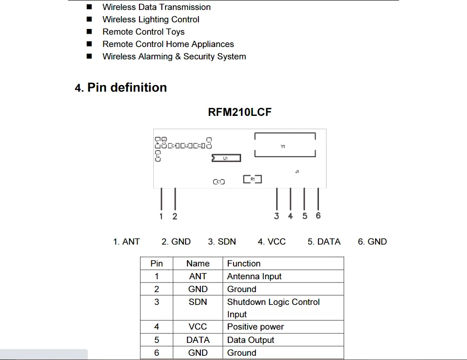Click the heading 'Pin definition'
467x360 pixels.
point(127,88)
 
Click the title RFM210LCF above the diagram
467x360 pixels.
point(240,113)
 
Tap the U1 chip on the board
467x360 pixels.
point(226,158)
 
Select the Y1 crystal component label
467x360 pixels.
point(283,147)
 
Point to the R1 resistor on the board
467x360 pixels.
point(252,179)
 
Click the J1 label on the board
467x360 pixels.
point(297,171)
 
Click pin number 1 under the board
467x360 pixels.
point(161,217)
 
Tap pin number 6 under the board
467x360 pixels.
point(318,216)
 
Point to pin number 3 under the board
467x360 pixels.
point(277,216)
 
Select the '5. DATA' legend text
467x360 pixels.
point(324,242)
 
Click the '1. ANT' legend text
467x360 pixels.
point(126,242)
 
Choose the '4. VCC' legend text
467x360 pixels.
point(271,242)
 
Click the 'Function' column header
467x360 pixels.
point(243,264)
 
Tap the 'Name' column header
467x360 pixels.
point(198,264)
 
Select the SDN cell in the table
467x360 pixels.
point(198,302)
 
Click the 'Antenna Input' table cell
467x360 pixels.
point(254,276)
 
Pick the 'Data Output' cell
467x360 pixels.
point(251,340)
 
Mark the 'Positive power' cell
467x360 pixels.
point(255,327)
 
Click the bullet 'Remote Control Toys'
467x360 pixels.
point(143,32)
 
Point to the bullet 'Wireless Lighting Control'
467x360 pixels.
point(150,19)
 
